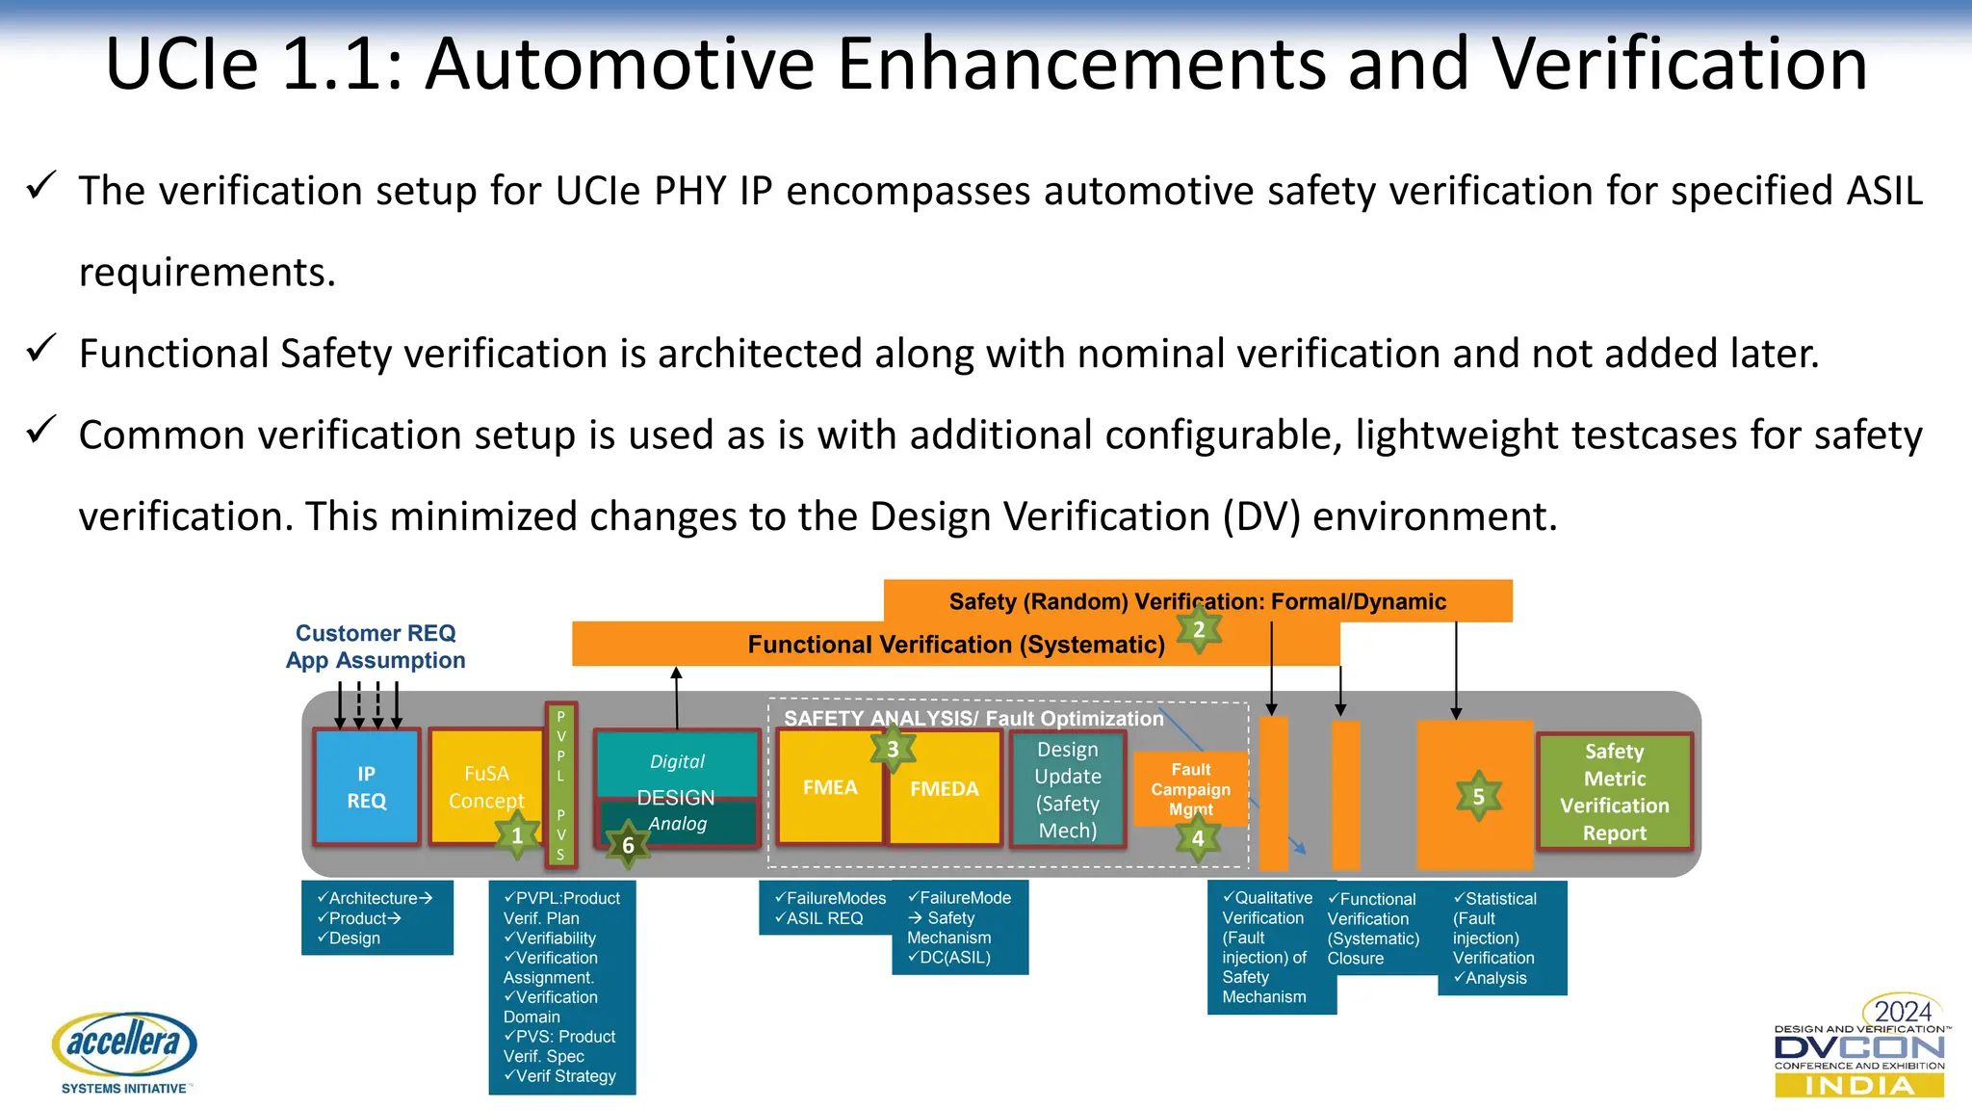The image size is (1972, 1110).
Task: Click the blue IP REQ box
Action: [366, 786]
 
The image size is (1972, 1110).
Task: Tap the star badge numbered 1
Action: [517, 835]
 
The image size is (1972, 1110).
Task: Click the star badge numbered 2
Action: [1199, 629]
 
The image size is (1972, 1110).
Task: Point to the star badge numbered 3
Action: [893, 749]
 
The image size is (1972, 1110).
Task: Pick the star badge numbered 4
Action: [1197, 838]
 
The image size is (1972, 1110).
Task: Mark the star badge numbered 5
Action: [1478, 796]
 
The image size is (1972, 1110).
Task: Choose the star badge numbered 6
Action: [628, 845]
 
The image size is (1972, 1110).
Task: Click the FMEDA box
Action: [945, 788]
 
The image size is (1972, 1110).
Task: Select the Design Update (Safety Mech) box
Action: [1067, 789]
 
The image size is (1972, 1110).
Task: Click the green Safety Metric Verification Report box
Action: [1615, 791]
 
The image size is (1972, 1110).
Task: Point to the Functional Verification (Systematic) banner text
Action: [955, 645]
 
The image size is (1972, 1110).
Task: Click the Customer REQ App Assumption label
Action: [376, 647]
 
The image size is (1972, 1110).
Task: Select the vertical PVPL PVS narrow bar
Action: [560, 784]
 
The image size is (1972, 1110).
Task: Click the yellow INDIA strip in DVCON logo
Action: [1859, 1086]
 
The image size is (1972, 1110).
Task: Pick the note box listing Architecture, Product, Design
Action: [376, 917]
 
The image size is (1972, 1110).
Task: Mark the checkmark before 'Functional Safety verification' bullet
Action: [41, 349]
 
